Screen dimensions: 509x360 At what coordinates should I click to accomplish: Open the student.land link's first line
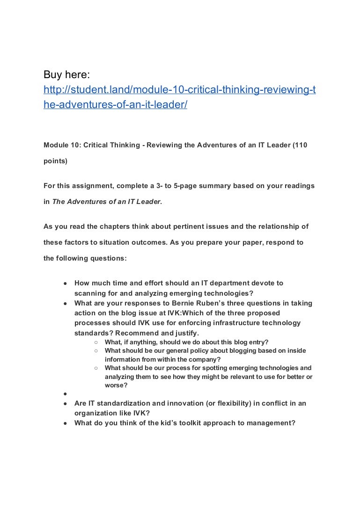(179, 89)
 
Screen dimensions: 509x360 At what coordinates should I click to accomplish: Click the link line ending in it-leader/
(115, 105)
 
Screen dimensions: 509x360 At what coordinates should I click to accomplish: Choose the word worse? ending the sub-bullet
(116, 385)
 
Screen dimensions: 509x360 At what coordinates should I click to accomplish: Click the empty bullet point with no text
(65, 394)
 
